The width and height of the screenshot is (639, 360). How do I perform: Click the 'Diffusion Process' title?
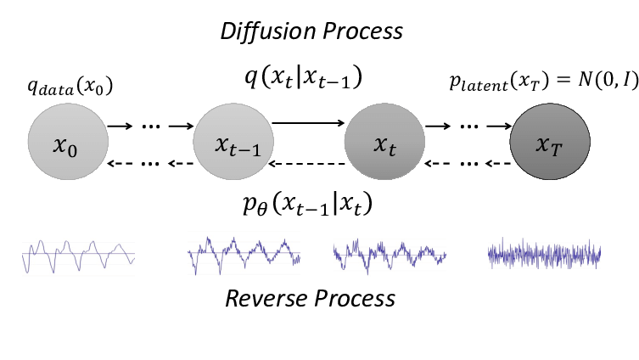[x=311, y=32]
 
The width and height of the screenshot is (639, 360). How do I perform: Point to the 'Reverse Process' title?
[x=310, y=298]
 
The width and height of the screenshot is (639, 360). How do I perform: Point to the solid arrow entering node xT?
[x=492, y=127]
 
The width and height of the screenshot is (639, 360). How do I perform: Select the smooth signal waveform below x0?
[x=78, y=254]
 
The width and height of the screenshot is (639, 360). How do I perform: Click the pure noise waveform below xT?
[x=545, y=254]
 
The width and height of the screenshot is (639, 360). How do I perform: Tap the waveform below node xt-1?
[x=244, y=254]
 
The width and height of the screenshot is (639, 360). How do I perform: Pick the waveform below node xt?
[x=390, y=254]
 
